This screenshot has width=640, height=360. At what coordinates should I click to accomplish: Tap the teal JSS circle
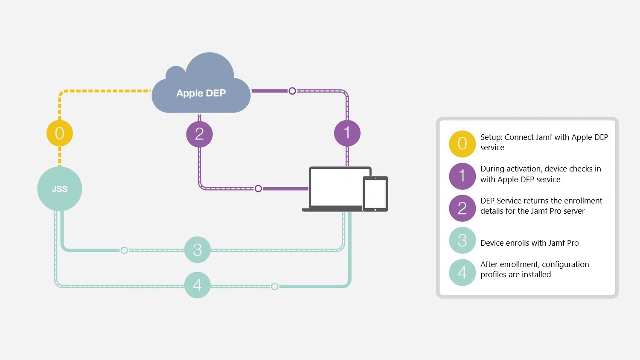coord(60,189)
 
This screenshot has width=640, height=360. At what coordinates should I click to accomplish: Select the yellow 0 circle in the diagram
coord(60,133)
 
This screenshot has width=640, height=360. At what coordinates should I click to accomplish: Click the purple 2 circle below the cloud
coord(199,134)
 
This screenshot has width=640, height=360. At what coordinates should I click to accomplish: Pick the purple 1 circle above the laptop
coord(347,133)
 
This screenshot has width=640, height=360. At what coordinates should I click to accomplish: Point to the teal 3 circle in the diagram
coord(197,250)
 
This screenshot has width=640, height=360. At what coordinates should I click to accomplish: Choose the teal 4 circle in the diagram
coord(197,285)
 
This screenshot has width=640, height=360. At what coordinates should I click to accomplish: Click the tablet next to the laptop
coord(375,194)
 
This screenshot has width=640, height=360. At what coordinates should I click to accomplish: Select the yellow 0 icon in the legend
coord(462,144)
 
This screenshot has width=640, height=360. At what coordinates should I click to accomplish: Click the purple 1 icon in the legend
coord(462,176)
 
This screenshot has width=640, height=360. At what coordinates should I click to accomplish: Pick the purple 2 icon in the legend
coord(462,208)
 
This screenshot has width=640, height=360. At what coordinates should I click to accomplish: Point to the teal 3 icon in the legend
coord(462,240)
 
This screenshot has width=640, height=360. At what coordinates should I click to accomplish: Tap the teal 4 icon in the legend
coord(462,272)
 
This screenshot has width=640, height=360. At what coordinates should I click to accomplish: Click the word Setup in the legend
coord(490,137)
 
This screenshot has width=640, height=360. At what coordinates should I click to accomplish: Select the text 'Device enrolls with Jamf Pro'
coord(529,243)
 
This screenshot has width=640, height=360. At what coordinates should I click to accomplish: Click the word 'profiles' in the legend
coord(493,275)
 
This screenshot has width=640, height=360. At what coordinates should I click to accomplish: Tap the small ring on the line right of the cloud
coord(292,91)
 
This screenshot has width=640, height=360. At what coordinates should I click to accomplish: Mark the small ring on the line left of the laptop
coord(258,189)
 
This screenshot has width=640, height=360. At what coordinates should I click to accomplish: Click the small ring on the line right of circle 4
coord(275,286)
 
